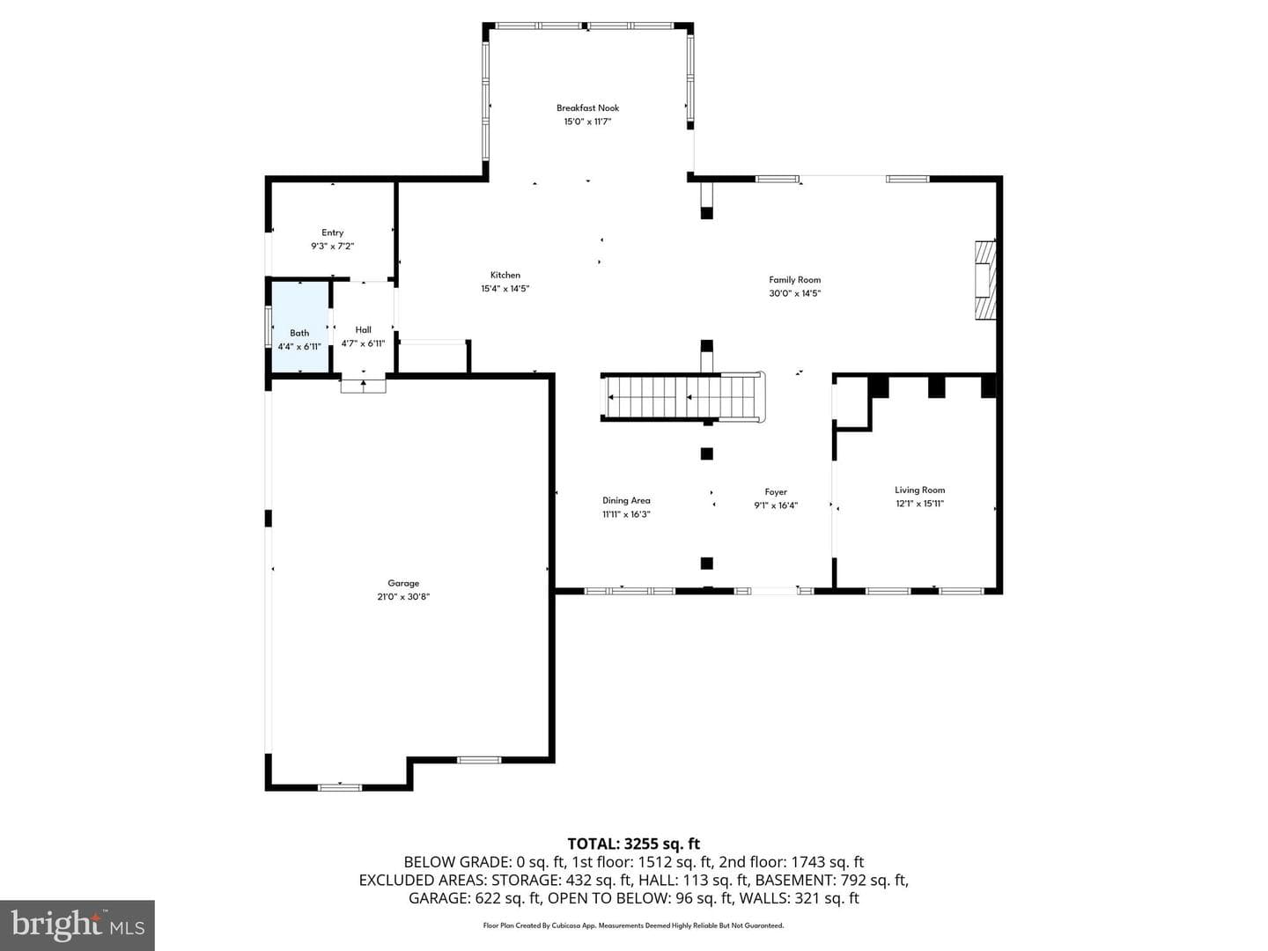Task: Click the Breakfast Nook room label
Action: point(587,108)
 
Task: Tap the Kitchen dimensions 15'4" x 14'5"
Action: point(505,289)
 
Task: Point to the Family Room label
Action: point(794,279)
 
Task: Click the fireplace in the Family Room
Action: point(985,280)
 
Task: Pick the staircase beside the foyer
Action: point(683,397)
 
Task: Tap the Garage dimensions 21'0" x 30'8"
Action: point(403,597)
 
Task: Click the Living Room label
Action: point(919,490)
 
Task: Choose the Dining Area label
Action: point(626,501)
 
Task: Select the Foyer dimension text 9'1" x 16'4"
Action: point(775,505)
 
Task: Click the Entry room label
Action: point(332,232)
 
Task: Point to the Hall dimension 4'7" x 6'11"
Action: point(363,343)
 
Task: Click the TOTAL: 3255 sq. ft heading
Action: point(634,844)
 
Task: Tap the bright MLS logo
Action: point(77,925)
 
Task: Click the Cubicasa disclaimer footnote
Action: point(633,925)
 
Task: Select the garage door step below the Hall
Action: point(363,385)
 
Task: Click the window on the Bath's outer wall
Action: point(268,327)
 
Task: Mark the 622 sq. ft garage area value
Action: point(508,898)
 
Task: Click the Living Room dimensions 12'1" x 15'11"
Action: point(919,504)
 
